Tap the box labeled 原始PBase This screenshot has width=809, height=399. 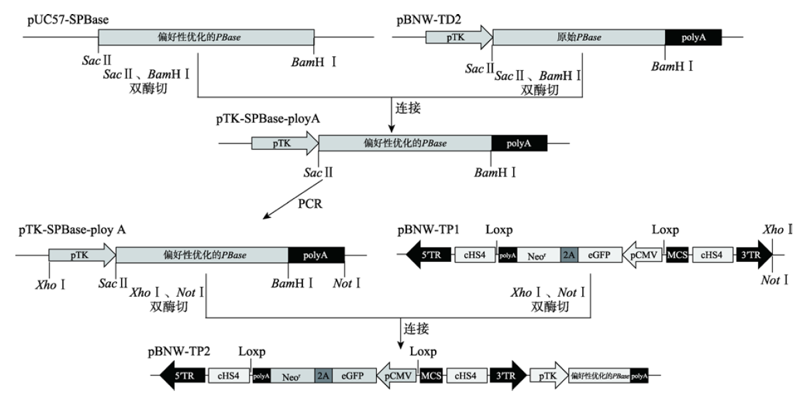click(x=579, y=37)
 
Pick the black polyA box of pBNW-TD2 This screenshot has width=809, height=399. click(x=693, y=37)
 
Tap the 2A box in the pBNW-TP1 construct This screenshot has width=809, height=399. click(x=569, y=255)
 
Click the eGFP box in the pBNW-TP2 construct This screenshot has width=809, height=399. click(x=351, y=376)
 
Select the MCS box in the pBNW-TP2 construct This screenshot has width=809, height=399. click(x=430, y=376)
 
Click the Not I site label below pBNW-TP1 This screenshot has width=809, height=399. click(x=775, y=280)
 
